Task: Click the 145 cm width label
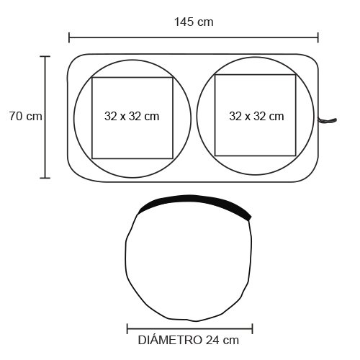click(x=194, y=22)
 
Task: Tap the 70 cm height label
click(x=26, y=116)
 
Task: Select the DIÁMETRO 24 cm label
click(x=189, y=340)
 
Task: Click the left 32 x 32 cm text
click(x=132, y=117)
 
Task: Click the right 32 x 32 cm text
click(x=256, y=117)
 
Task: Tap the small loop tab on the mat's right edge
click(x=328, y=120)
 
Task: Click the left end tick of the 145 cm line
click(x=69, y=37)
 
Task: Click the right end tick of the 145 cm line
click(x=318, y=37)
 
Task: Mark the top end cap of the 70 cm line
click(x=45, y=56)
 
